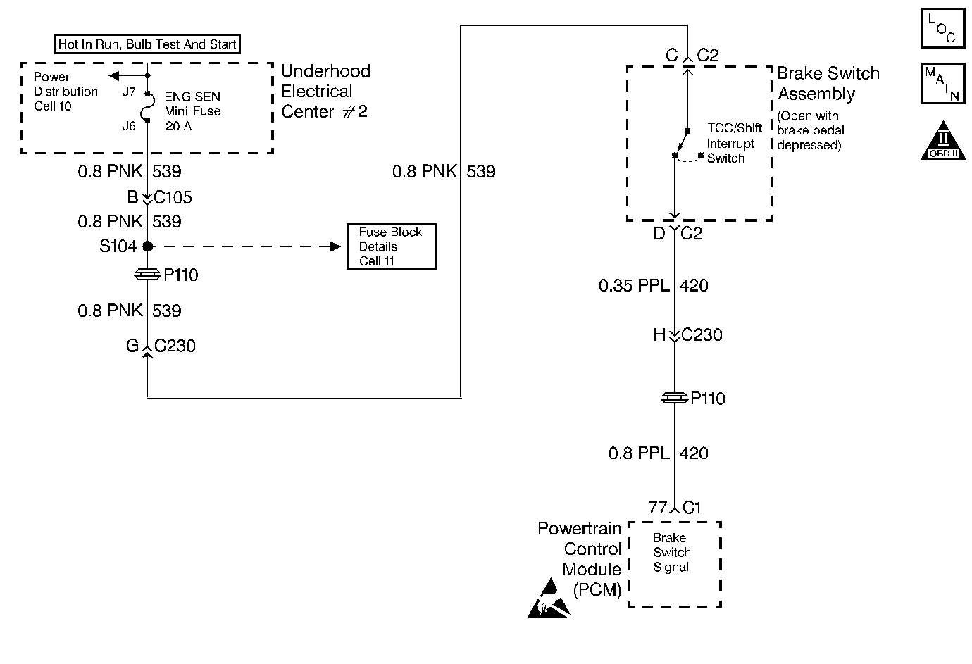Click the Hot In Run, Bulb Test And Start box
pos(147,44)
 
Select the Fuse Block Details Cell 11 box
pos(392,246)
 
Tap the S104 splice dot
pos(148,246)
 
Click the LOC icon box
pos(943,28)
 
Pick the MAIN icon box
pos(943,83)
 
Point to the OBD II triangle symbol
pos(943,141)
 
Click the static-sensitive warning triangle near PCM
pos(549,598)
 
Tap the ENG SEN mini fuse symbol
pos(148,107)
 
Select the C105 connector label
pos(173,197)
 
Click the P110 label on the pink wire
pos(181,275)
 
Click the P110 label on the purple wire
pos(708,398)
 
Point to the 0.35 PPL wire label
pos(634,285)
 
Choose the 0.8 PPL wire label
pos(639,453)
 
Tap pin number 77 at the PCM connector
pos(657,507)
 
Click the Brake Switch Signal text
pos(671,552)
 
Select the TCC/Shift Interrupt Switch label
pos(734,143)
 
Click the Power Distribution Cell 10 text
pos(66,92)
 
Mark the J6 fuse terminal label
pos(129,126)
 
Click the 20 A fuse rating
pos(178,126)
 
